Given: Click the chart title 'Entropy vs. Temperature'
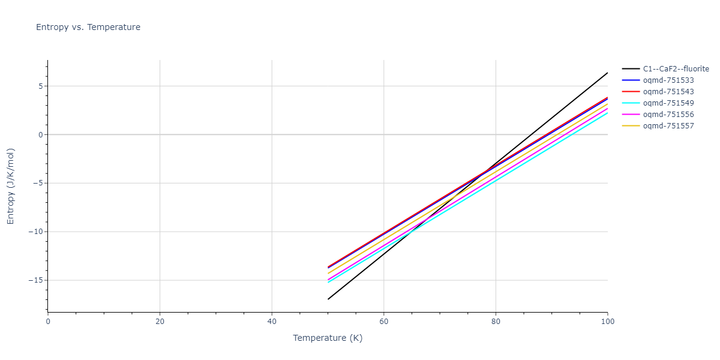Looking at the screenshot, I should tap(88, 27).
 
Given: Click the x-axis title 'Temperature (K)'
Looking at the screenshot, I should tap(328, 338).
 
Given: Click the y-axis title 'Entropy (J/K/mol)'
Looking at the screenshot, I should tap(11, 186).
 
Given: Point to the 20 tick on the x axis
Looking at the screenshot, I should tap(160, 322).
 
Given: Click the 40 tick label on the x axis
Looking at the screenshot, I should tap(272, 322).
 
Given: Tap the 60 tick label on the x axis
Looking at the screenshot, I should tap(384, 322).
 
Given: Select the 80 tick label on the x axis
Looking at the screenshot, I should tap(496, 322).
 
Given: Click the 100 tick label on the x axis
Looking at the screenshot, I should tap(607, 322).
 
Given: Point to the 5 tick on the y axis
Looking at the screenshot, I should tap(40, 86).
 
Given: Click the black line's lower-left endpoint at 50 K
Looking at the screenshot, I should tap(328, 299).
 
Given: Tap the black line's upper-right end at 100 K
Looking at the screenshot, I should tap(607, 73).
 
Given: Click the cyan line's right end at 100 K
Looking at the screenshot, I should tap(607, 113).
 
